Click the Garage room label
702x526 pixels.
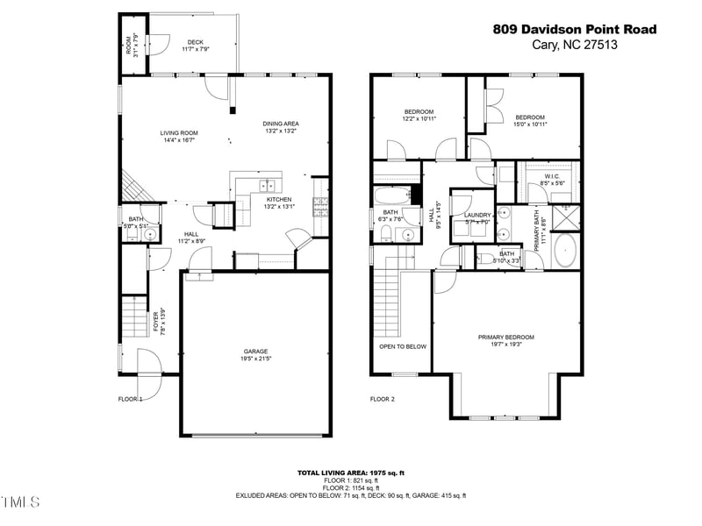pyautogui.click(x=255, y=352)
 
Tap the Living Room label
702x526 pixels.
pyautogui.click(x=178, y=133)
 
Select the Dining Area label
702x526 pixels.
pyautogui.click(x=281, y=124)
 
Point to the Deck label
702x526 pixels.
pyautogui.click(x=196, y=42)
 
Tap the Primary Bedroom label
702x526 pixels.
pyautogui.click(x=506, y=338)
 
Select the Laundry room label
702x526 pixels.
pyautogui.click(x=477, y=215)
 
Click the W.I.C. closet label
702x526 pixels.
pyautogui.click(x=553, y=176)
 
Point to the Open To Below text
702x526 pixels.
pyautogui.click(x=403, y=346)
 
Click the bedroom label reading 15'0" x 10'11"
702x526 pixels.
pyautogui.click(x=530, y=117)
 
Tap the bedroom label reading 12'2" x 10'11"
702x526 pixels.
pyautogui.click(x=419, y=111)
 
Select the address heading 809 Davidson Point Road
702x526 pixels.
pyautogui.click(x=575, y=29)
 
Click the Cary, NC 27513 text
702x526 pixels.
pyautogui.click(x=575, y=45)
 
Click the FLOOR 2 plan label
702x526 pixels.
pyautogui.click(x=383, y=399)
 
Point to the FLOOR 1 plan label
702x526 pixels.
pyautogui.click(x=130, y=399)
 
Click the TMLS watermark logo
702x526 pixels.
pyautogui.click(x=20, y=502)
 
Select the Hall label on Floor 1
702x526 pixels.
pyautogui.click(x=190, y=234)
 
